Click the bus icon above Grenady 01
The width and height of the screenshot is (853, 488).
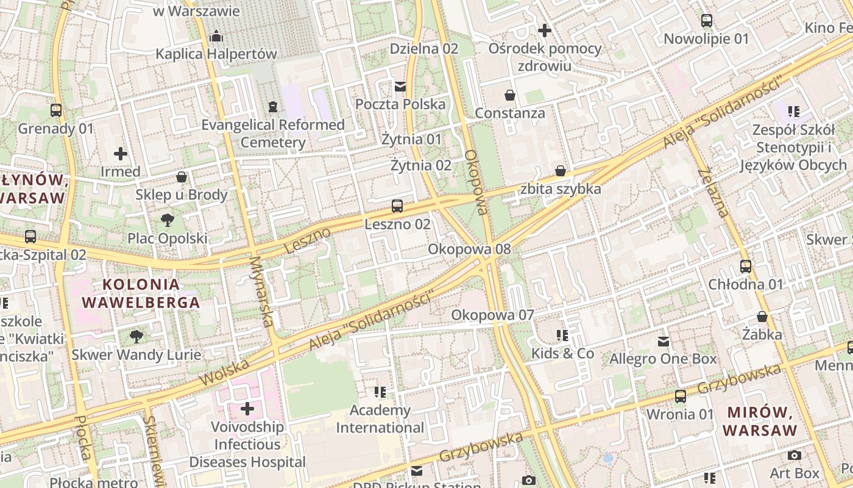56,110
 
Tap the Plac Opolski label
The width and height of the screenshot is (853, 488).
167,238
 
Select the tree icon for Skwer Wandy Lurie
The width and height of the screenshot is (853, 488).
136,336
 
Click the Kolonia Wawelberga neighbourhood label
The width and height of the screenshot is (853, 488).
141,293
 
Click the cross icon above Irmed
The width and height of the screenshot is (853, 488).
121,154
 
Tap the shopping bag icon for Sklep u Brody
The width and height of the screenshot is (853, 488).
182,178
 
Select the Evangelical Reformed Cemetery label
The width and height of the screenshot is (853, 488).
273,134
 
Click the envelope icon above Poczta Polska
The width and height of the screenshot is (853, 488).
400,87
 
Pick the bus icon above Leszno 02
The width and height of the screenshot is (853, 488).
397,206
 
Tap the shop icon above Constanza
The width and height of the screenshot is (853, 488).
509,95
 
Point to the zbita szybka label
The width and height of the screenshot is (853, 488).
561,188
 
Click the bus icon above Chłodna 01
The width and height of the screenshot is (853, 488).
745,267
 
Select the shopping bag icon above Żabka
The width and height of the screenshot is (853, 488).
762,317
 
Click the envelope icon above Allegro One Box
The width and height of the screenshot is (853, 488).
663,342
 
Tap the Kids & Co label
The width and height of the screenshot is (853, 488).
562,353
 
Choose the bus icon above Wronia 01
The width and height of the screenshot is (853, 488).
680,396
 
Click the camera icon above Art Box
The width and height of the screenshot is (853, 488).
794,456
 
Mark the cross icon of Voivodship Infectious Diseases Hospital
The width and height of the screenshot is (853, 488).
247,409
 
